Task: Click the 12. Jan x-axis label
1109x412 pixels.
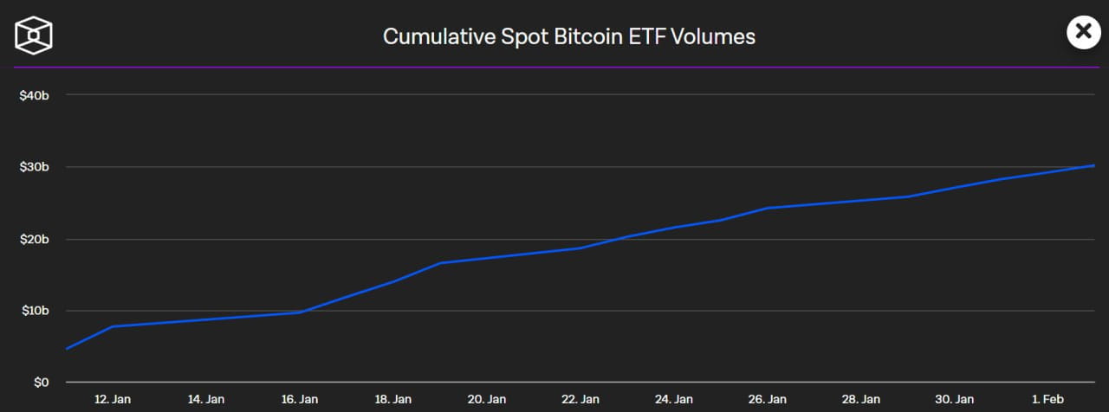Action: coord(113,399)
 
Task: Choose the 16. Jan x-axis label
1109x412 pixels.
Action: coord(300,399)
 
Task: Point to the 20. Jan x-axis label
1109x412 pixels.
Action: coord(487,399)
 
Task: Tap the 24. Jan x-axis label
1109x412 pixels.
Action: coord(674,399)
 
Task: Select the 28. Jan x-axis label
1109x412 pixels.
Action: coord(861,399)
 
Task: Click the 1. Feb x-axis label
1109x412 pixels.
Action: coord(1048,399)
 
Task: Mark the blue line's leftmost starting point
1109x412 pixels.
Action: coord(66,349)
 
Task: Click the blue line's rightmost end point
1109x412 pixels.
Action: coord(1095,165)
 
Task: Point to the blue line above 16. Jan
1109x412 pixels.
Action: coord(300,312)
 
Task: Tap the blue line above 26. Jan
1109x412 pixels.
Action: coord(768,208)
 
